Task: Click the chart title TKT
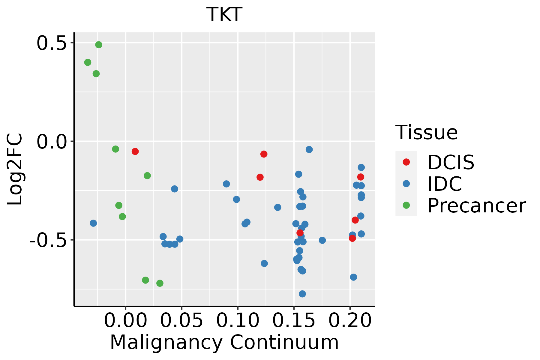pos(224,14)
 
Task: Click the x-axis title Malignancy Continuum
pos(224,343)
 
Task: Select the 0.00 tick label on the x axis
pos(125,320)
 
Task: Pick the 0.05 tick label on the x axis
pos(181,320)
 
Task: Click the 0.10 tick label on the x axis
pos(238,320)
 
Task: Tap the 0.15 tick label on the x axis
pos(294,320)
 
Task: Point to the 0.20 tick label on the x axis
pos(350,320)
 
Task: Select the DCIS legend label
pos(451,162)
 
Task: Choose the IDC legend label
pos(445,184)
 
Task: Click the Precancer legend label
pos(476,206)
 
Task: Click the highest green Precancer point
pos(99,45)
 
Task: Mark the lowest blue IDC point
pos(302,294)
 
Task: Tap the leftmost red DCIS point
pos(135,151)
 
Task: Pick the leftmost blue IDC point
pos(93,223)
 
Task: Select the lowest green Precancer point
pos(160,283)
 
